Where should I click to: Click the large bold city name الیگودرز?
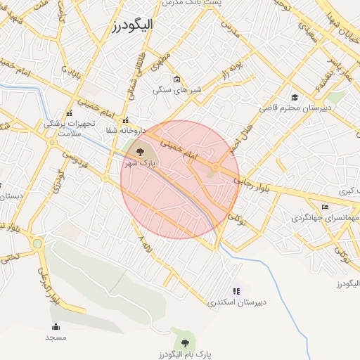142,26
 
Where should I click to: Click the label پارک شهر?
139,163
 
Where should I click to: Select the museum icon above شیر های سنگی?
176,79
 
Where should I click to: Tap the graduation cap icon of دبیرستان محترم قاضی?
295,97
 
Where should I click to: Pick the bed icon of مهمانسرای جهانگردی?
324,207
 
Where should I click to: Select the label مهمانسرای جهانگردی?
325,218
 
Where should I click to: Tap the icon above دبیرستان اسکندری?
236,291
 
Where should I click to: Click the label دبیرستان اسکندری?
238,302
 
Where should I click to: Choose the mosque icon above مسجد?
56,326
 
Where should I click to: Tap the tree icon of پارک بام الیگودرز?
185,342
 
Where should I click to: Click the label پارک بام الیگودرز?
185,354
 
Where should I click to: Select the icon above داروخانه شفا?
126,120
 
